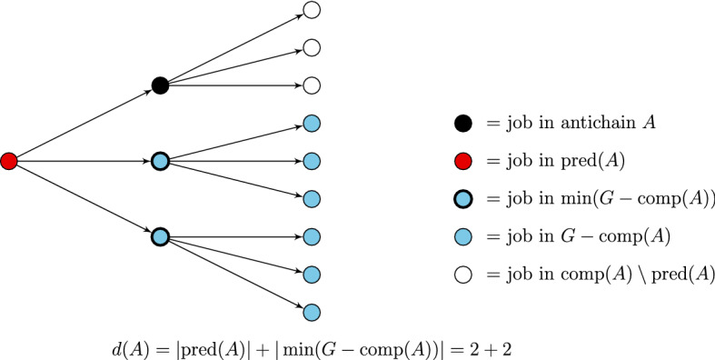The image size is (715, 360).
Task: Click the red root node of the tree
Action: [9, 162]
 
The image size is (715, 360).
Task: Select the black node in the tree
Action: [160, 86]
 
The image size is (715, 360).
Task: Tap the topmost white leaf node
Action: [311, 11]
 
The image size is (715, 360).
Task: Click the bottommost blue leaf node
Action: [311, 312]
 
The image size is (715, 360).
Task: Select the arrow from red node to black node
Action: [84, 125]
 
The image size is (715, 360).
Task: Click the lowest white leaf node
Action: [311, 86]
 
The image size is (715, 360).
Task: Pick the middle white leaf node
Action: [311, 48]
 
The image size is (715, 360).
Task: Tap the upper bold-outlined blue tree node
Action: [160, 162]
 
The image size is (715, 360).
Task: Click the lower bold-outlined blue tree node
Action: [160, 236]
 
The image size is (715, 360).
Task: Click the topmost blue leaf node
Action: [311, 124]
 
